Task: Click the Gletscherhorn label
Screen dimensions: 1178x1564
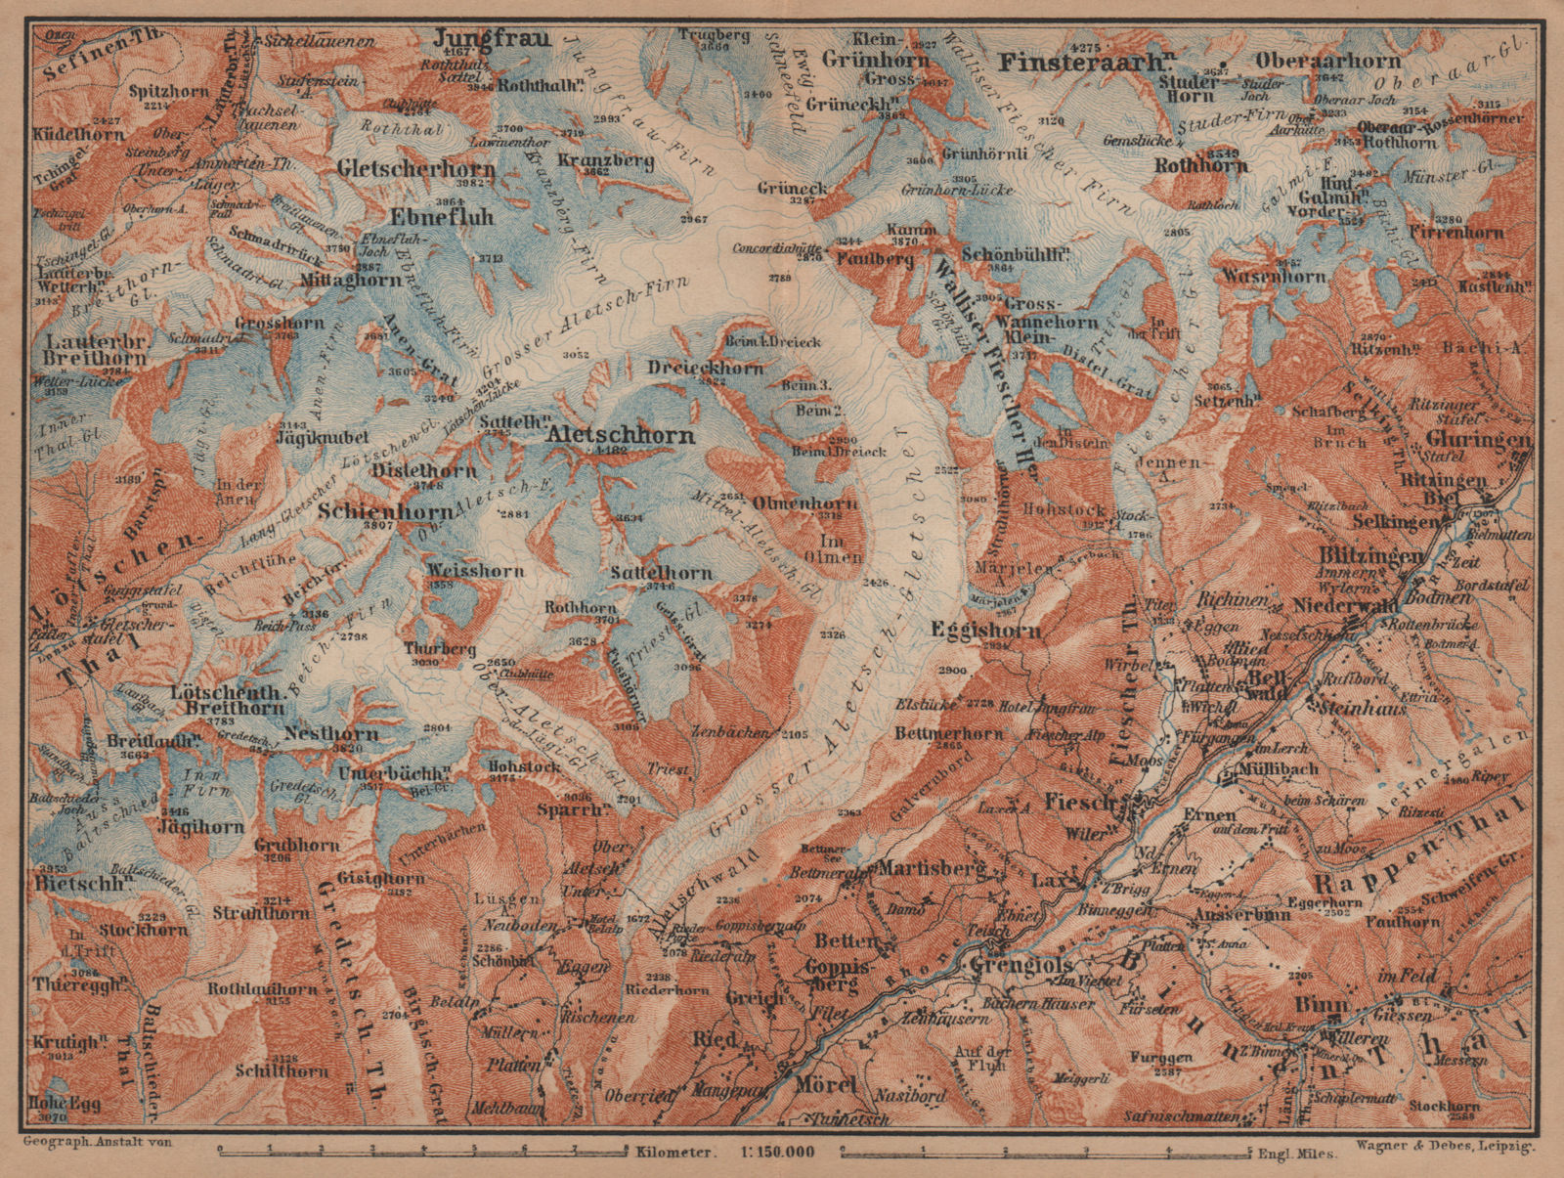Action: click(415, 168)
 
